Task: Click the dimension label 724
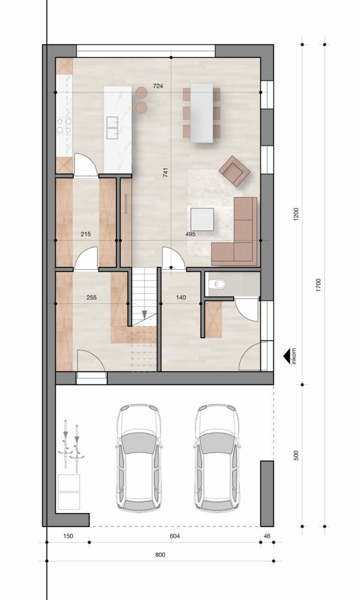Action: (x=158, y=86)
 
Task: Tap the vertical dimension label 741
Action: (x=165, y=172)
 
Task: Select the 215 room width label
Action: (x=85, y=234)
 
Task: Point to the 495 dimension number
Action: (x=190, y=234)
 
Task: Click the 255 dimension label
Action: (x=92, y=297)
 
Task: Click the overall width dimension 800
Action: (x=160, y=555)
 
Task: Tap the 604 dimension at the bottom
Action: (x=174, y=536)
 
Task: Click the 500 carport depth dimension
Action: (x=296, y=456)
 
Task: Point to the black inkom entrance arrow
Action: (x=285, y=357)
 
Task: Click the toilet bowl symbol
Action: (x=218, y=283)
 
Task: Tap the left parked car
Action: (x=139, y=458)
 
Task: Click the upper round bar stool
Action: (x=142, y=92)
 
